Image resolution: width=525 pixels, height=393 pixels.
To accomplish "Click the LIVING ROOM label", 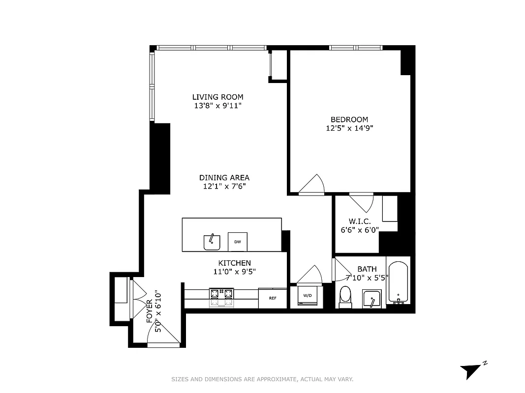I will (x=217, y=97).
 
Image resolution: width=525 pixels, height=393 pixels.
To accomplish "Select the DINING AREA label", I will (x=224, y=178).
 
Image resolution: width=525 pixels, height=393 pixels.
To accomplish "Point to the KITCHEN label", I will (x=235, y=263).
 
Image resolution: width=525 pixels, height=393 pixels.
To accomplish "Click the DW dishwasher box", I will (x=237, y=242).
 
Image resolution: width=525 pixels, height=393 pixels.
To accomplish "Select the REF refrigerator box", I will (x=273, y=298).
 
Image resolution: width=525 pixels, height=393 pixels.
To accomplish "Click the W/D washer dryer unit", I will (x=307, y=296).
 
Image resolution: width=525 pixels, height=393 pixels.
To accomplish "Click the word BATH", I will (x=367, y=269).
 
